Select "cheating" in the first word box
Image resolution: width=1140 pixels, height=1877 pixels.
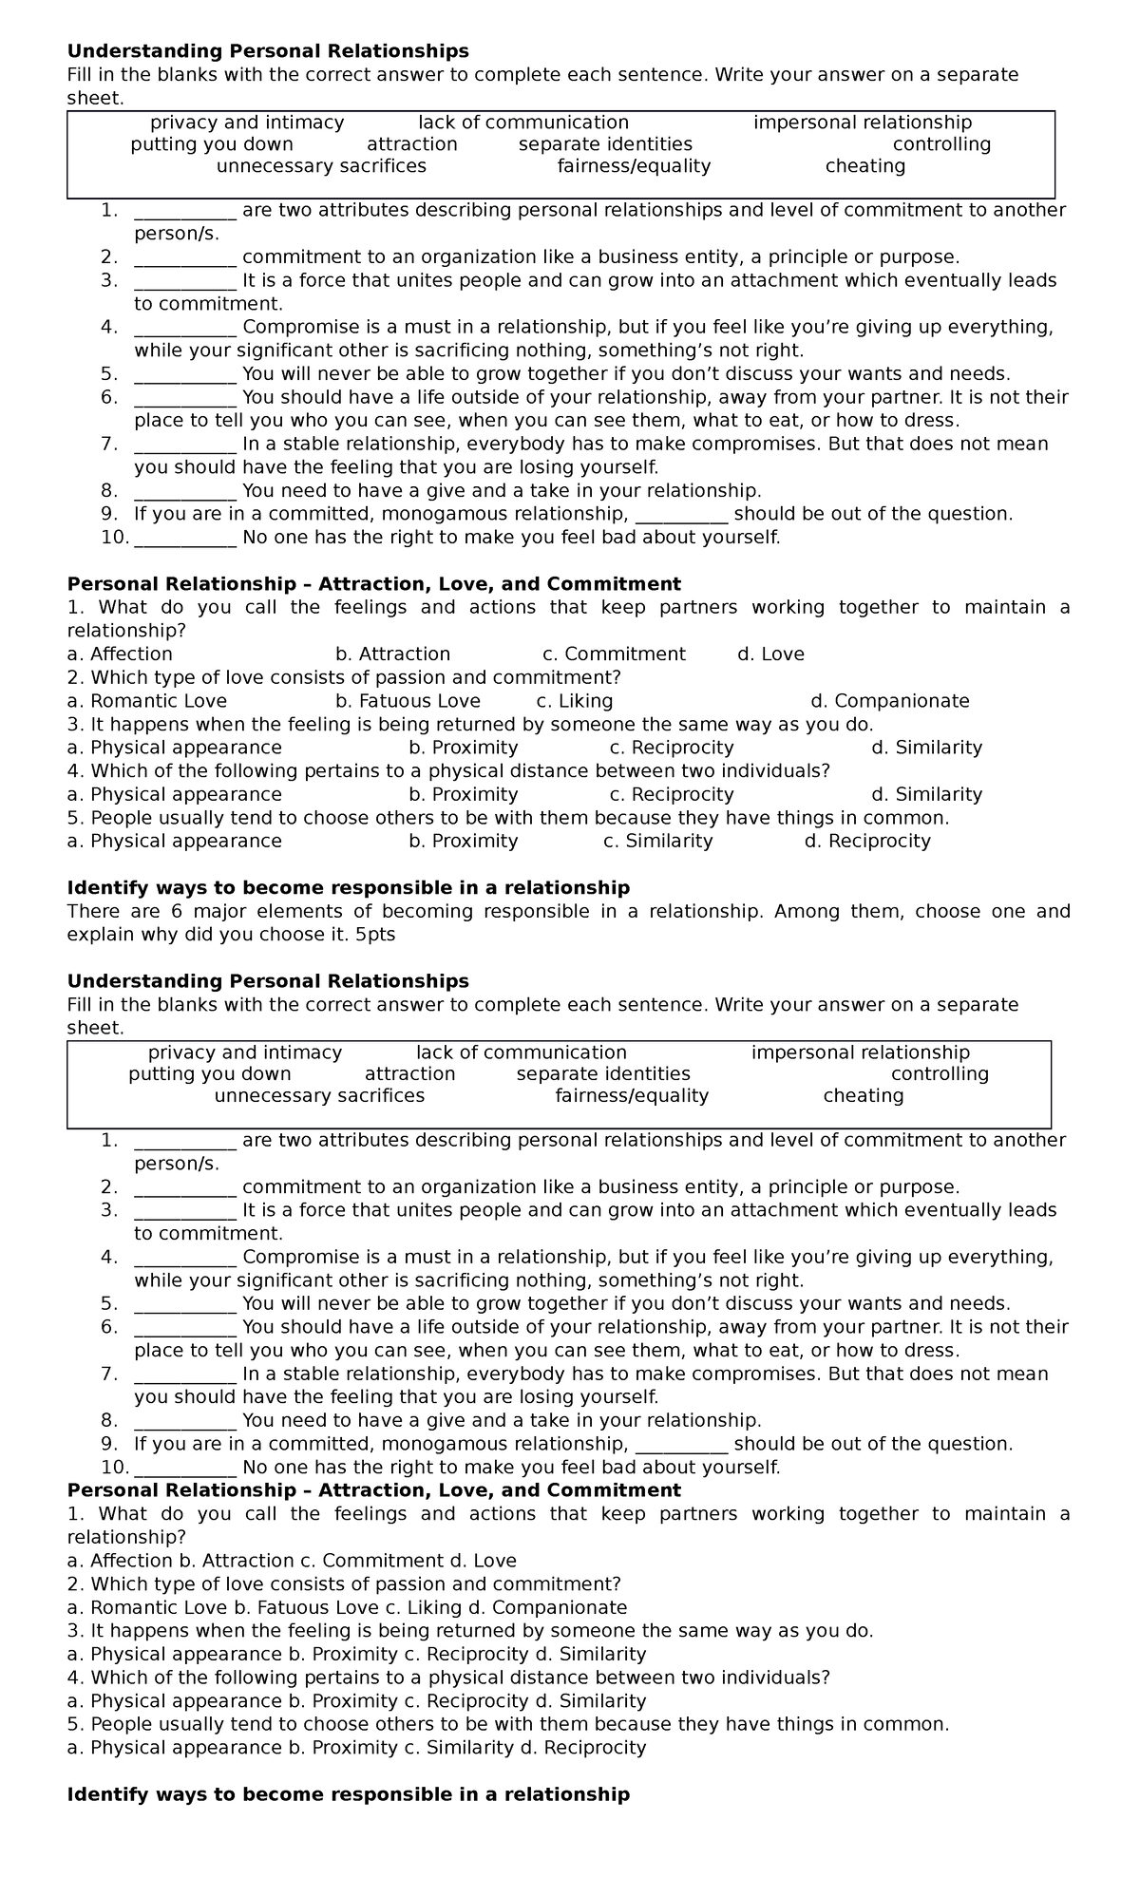tap(864, 166)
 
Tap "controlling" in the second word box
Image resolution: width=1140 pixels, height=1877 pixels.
tap(940, 1074)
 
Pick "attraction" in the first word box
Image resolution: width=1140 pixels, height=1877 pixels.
tap(411, 144)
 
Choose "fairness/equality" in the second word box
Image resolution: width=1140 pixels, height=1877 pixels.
tap(632, 1096)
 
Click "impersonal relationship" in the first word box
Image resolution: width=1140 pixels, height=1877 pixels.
tap(863, 123)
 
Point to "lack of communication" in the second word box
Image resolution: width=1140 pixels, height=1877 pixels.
tap(522, 1052)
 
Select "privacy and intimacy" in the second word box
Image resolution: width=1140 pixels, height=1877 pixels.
tap(245, 1052)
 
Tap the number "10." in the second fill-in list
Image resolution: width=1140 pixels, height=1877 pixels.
tap(114, 1468)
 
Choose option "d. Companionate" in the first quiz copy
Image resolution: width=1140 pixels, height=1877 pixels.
tap(889, 701)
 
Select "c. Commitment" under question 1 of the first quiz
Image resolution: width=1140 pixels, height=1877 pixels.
tap(614, 654)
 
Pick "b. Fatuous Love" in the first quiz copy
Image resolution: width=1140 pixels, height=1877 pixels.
tap(408, 701)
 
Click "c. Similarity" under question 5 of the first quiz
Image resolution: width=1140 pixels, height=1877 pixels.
tap(657, 841)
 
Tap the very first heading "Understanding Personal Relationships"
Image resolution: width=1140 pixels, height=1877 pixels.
tap(268, 50)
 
